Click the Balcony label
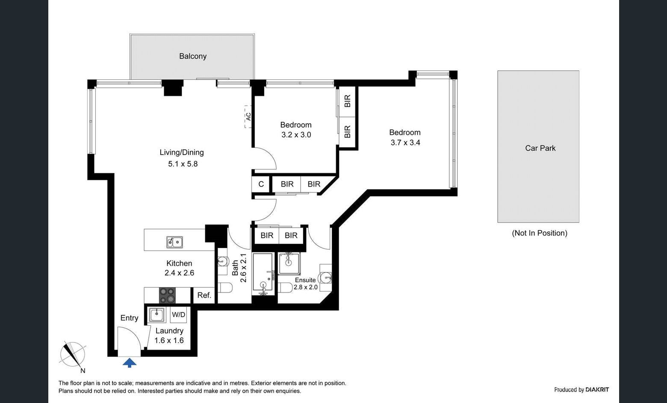point(193,56)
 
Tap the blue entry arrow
point(130,363)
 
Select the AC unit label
point(248,116)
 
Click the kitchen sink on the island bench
point(174,242)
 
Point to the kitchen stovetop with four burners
point(167,295)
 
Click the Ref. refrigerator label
point(204,295)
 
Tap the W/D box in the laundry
point(178,315)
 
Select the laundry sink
point(156,315)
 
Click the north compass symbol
point(73,355)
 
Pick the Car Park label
point(540,148)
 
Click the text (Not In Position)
point(540,233)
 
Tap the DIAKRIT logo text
point(597,390)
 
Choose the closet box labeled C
point(261,184)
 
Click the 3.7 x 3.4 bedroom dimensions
point(405,143)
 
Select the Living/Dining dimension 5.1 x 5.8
point(183,164)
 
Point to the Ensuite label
point(305,280)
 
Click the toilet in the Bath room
point(225,288)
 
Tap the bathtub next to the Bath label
point(263,272)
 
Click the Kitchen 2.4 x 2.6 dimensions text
point(179,273)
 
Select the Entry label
point(129,318)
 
